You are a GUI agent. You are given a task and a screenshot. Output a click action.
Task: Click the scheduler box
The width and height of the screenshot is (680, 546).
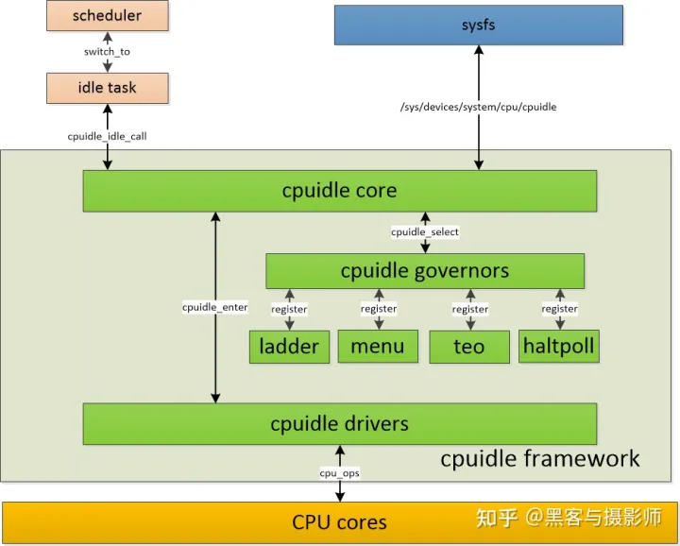107,16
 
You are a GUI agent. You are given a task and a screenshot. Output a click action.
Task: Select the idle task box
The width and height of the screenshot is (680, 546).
107,88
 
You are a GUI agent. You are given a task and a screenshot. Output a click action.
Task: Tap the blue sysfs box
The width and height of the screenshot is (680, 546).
479,25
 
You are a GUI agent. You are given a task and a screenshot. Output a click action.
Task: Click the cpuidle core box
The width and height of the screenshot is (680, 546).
339,191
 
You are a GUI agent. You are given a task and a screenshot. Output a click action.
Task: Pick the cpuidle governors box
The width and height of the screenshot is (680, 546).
424,271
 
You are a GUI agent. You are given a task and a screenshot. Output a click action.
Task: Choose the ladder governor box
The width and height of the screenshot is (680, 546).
289,347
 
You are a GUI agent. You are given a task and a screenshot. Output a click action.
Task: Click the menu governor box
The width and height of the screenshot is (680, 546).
378,347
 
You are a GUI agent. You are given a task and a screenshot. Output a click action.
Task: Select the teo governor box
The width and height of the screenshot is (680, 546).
468,347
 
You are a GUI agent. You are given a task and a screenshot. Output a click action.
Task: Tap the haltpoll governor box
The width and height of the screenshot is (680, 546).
559,347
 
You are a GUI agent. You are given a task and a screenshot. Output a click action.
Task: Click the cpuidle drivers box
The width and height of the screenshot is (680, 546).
339,423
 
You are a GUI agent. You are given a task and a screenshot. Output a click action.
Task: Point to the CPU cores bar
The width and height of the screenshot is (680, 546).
339,521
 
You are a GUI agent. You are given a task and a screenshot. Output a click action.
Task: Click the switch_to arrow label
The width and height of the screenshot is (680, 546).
107,52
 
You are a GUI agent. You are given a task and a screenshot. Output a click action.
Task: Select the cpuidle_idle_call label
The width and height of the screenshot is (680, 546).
107,136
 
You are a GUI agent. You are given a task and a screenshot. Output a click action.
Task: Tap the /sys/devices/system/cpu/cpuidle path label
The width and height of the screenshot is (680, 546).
479,107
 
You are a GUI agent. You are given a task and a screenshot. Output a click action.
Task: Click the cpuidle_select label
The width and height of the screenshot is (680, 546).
425,231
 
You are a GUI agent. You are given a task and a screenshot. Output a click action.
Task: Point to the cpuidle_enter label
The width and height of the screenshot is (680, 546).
215,307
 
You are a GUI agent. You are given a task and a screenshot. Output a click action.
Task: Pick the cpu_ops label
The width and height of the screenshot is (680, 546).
339,472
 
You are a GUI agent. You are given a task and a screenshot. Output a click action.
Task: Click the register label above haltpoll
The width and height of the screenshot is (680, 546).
559,308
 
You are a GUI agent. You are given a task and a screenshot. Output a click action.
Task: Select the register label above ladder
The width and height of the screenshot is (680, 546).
289,308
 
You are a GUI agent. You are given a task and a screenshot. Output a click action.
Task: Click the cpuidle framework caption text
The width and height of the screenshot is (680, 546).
539,459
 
